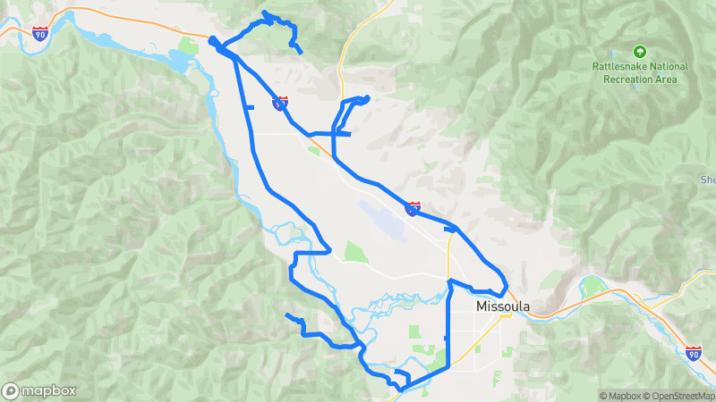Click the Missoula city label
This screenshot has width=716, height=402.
click(503, 306)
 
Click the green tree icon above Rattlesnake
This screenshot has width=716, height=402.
click(639, 51)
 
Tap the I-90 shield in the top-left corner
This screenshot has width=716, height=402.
click(39, 34)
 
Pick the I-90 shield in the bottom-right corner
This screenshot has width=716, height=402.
click(694, 354)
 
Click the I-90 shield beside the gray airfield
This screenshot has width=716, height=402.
click(413, 208)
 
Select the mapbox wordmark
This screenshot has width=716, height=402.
click(48, 390)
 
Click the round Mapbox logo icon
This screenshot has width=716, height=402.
click(11, 390)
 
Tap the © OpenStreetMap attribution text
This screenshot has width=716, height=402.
click(682, 396)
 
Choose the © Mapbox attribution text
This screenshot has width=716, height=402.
click(624, 396)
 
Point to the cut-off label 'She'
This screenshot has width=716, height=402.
click(708, 180)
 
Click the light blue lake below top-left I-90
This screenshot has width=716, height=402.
click(178, 62)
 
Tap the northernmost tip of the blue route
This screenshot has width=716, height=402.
click(265, 13)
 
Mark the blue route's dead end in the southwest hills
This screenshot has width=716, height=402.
click(286, 316)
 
